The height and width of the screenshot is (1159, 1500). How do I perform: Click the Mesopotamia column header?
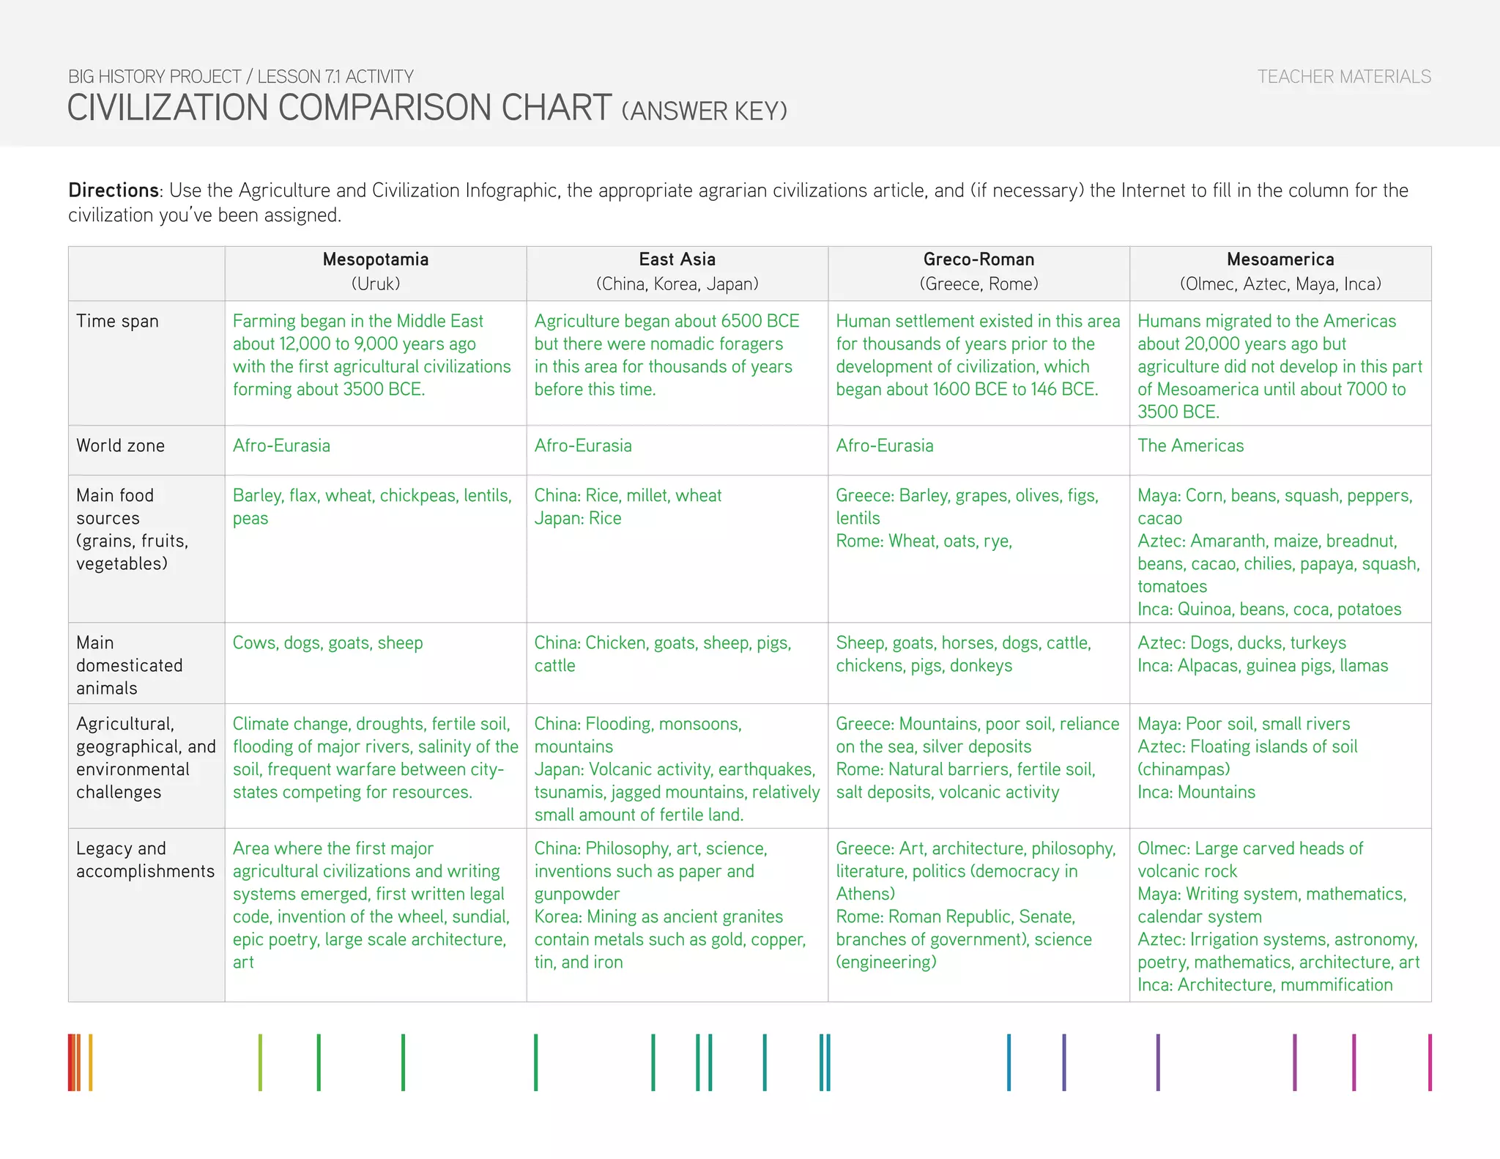pos(375,260)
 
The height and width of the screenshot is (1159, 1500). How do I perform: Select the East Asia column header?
pos(677,260)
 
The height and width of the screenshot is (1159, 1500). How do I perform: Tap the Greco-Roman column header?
pos(979,260)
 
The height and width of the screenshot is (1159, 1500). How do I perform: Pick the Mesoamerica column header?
pos(1280,260)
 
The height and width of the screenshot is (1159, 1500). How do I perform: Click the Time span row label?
pos(117,322)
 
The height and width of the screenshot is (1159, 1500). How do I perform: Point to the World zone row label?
pos(120,446)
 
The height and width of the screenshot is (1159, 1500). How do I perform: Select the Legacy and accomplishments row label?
pos(145,860)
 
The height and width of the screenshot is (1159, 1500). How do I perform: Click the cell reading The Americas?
pos(1190,446)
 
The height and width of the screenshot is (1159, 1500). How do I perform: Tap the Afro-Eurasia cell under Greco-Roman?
pos(884,446)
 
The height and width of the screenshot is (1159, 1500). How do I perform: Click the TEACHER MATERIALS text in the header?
pos(1344,77)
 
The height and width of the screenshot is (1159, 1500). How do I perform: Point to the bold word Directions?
pos(114,190)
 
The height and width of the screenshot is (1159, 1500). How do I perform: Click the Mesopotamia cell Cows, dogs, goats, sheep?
pos(327,643)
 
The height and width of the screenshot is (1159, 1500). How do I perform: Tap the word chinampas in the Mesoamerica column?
pos(1184,770)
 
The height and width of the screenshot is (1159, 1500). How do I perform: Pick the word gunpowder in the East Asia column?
pos(576,895)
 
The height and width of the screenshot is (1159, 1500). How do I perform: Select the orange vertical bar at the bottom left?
pos(90,1062)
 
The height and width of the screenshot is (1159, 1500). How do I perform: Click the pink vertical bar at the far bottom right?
pos(1429,1062)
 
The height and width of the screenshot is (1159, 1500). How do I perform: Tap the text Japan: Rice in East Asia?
pos(577,519)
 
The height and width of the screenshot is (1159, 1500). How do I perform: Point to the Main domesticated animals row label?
pos(129,665)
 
